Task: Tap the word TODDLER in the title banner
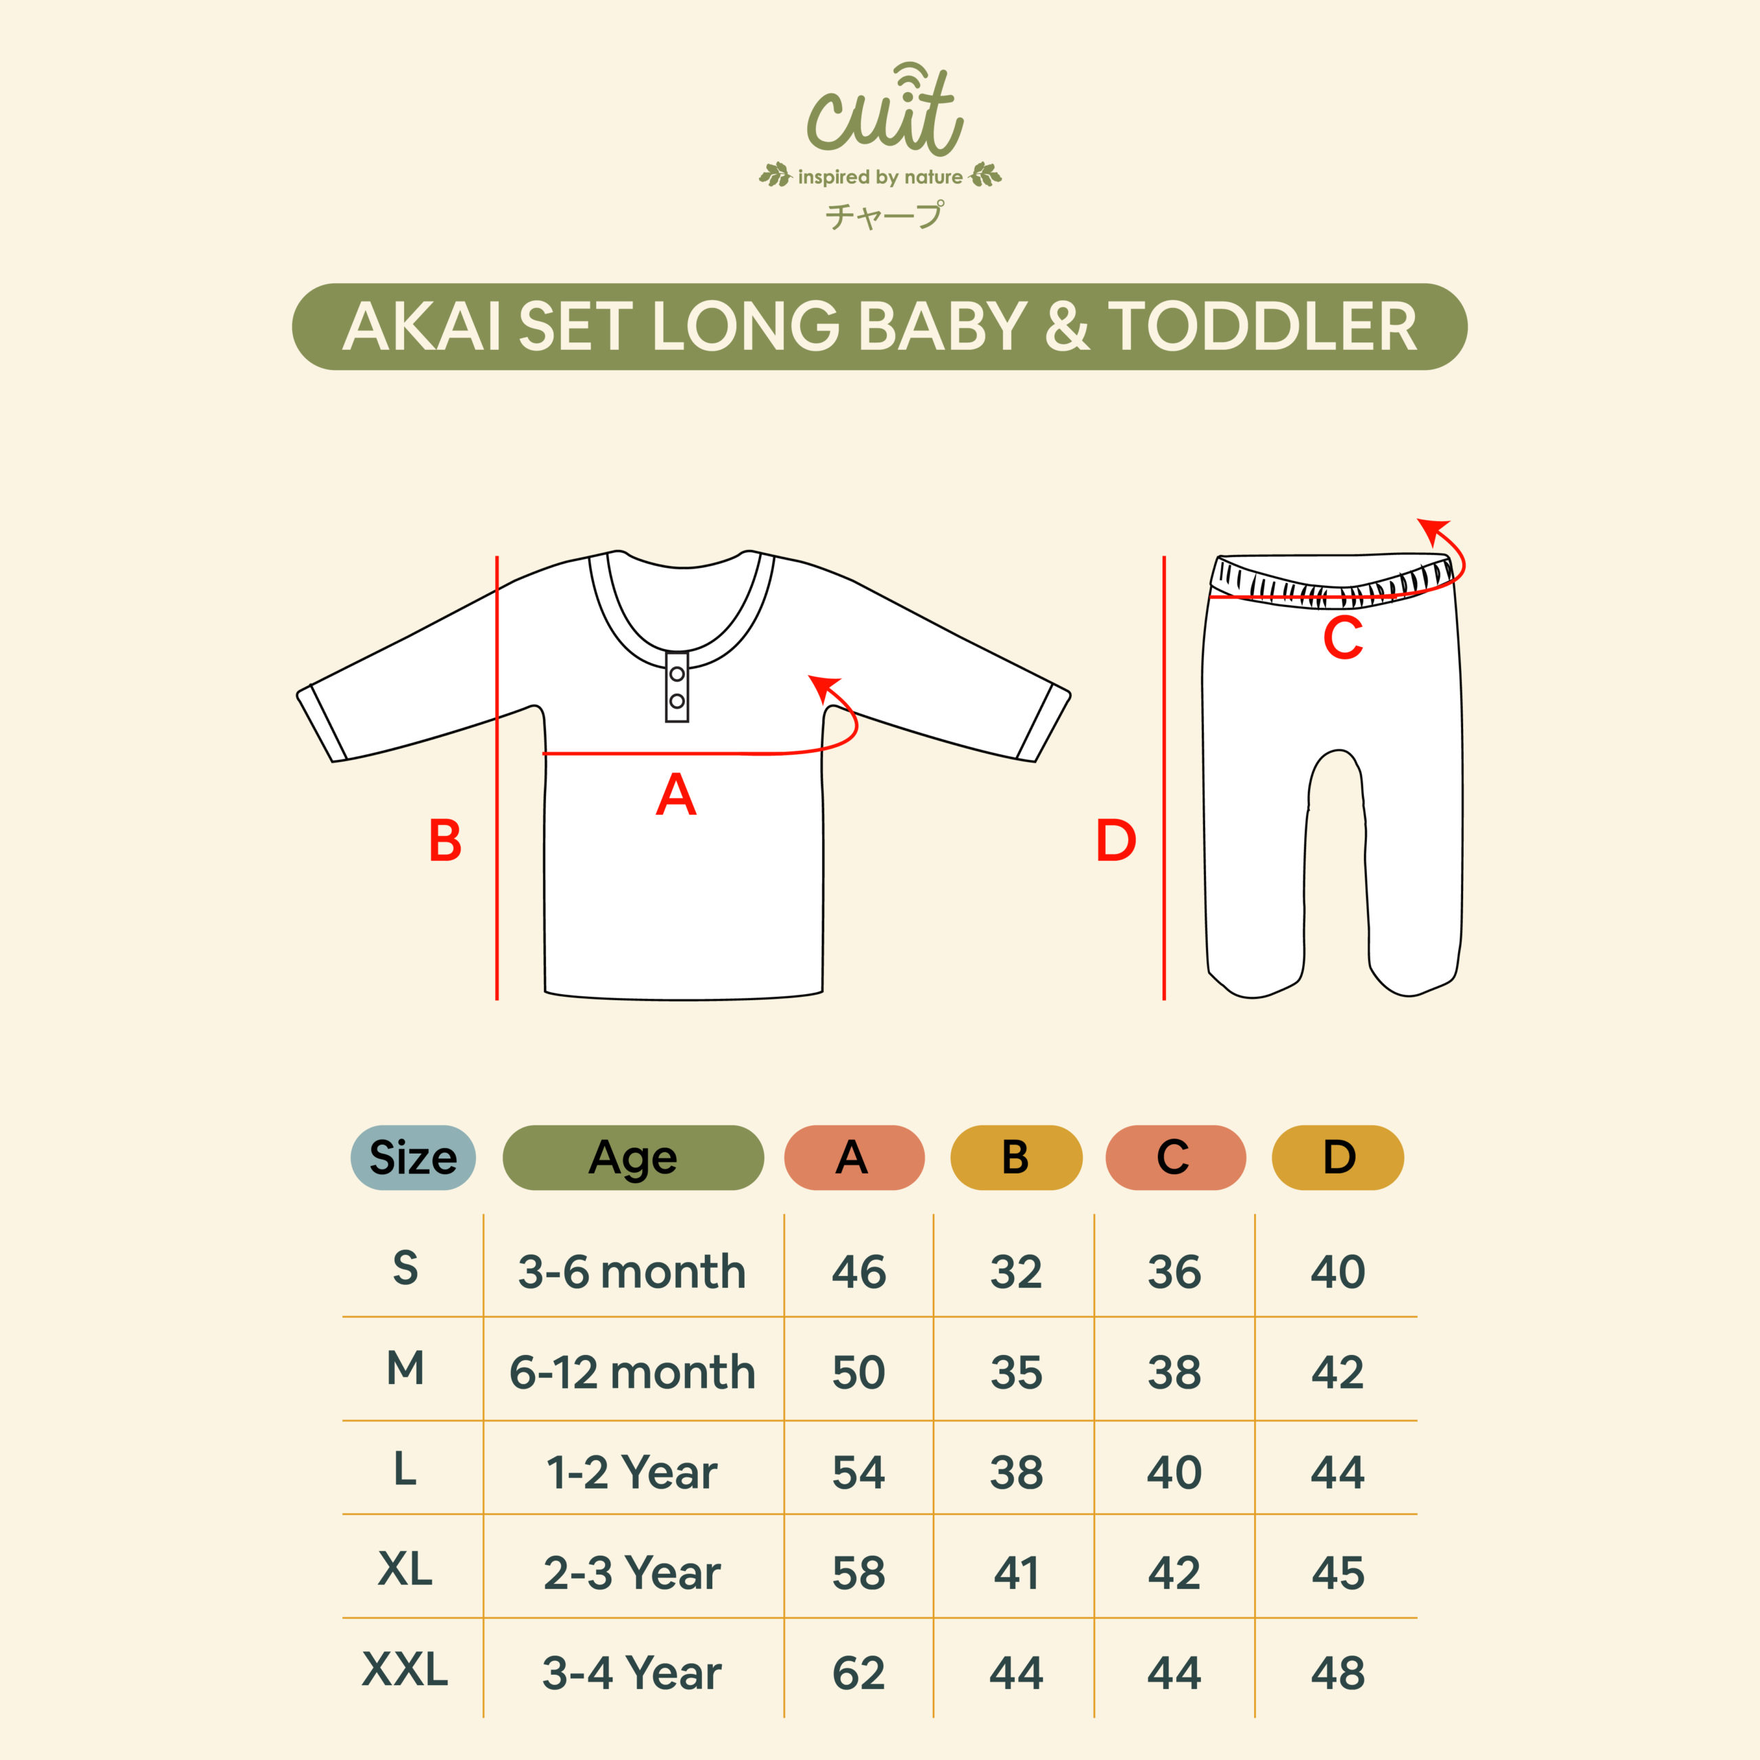click(x=1262, y=327)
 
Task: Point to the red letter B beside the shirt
click(x=445, y=840)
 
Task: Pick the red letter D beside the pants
click(x=1116, y=840)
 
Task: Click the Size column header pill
click(x=412, y=1157)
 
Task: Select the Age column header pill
click(x=633, y=1157)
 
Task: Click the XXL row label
click(x=406, y=1669)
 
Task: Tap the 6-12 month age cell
click(x=632, y=1372)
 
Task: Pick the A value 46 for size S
click(x=858, y=1272)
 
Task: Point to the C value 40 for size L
click(x=1174, y=1472)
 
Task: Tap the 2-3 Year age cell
click(x=632, y=1572)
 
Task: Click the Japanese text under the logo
click(x=883, y=216)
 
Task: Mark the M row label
click(x=406, y=1367)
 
